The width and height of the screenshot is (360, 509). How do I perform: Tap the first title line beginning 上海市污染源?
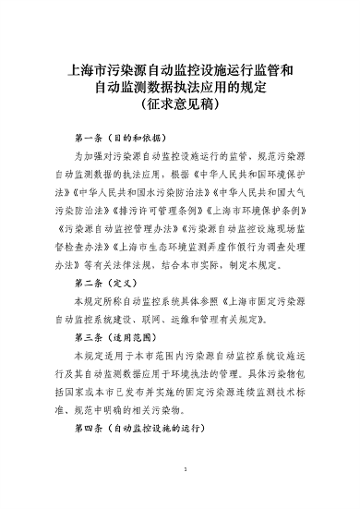[181, 70]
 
